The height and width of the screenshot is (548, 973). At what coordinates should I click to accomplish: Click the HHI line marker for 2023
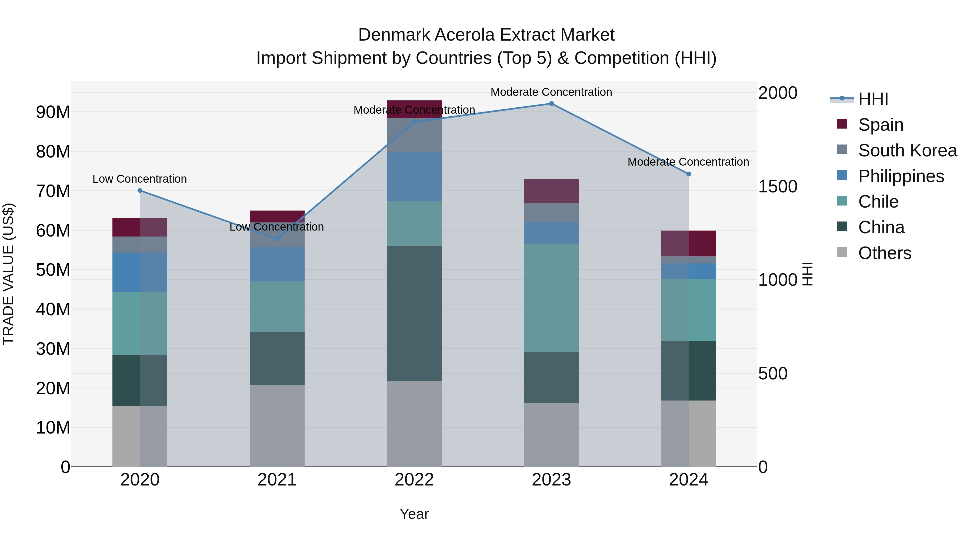551,104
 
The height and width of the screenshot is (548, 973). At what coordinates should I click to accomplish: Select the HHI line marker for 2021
277,239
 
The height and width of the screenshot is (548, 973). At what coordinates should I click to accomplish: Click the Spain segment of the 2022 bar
414,106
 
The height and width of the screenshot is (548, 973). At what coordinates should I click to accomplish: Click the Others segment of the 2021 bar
277,426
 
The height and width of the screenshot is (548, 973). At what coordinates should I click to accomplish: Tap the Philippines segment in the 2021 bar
277,264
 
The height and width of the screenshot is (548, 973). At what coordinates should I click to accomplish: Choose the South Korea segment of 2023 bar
551,212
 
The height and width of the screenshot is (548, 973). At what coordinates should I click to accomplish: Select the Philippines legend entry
901,176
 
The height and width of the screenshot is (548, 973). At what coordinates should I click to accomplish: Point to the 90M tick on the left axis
53,112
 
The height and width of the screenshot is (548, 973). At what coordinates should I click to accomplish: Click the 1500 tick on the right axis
778,186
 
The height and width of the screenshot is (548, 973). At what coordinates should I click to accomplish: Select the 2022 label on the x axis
414,480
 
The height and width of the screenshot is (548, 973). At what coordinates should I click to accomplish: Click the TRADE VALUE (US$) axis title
8,274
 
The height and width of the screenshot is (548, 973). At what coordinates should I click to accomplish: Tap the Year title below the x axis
414,514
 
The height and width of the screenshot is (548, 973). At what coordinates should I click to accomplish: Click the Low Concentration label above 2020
139,179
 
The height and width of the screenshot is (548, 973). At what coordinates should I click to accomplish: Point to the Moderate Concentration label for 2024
688,162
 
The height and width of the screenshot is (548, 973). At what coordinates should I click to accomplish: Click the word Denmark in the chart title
394,35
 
